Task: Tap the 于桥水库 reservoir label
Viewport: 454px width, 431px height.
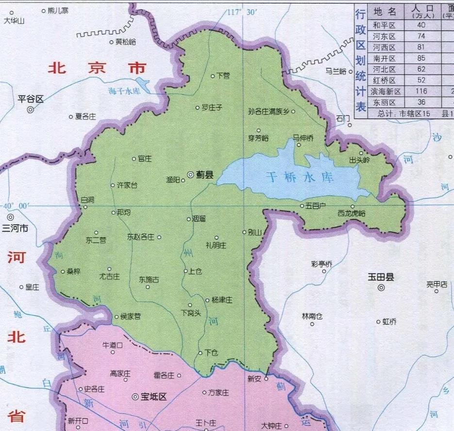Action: tap(300, 177)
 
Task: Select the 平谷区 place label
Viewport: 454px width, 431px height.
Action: tap(31, 99)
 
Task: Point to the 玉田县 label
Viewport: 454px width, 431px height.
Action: tap(381, 277)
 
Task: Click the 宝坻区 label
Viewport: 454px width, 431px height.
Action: tap(153, 397)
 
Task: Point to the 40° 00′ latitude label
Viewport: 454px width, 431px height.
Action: tap(16, 206)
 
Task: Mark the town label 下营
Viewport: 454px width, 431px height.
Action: tap(223, 76)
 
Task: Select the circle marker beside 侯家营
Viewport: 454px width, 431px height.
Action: tap(116, 317)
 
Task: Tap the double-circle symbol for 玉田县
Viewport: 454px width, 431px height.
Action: tap(381, 288)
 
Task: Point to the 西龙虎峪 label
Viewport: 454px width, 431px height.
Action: tap(352, 213)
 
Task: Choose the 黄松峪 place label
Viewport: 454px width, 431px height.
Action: tap(126, 42)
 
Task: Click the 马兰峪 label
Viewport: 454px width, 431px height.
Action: tap(336, 71)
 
